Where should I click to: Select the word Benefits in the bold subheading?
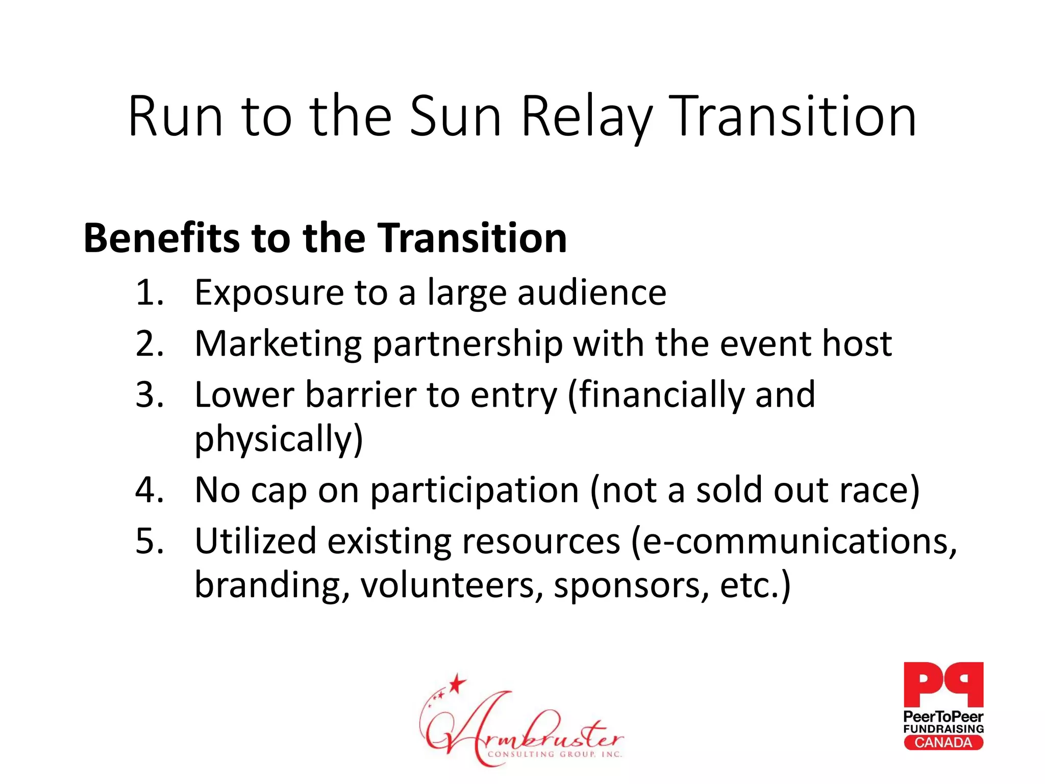coord(161,238)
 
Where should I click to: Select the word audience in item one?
coord(592,293)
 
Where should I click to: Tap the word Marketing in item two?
coord(278,344)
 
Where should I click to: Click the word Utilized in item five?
coord(255,541)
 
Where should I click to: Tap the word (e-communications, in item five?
coord(794,541)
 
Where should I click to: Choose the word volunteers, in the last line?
coord(452,585)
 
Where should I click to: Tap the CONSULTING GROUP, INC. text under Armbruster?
coord(555,754)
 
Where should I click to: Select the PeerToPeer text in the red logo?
coord(943,717)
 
